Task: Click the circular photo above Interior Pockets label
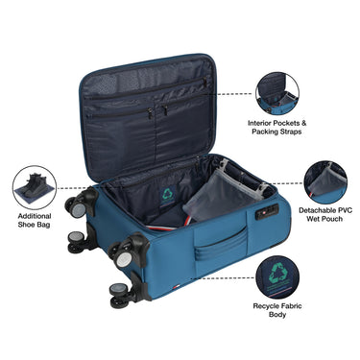[x=278, y=94]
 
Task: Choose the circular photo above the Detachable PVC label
[x=325, y=180]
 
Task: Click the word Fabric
[x=302, y=306]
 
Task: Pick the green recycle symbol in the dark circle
[x=277, y=273]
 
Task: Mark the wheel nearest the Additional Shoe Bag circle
[x=74, y=204]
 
